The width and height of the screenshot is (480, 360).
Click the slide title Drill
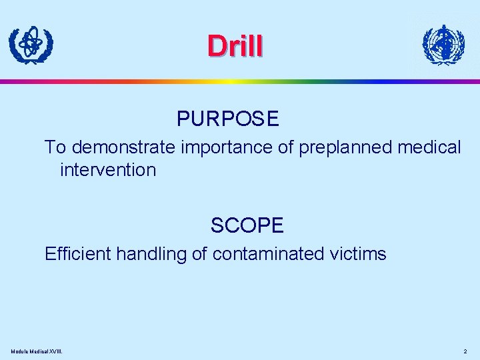[x=235, y=45]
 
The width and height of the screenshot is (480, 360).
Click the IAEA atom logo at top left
[x=31, y=45]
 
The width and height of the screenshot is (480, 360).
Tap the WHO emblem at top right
[x=443, y=45]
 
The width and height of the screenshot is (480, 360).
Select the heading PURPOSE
[x=228, y=119]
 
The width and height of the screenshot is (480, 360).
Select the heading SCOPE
[x=247, y=226]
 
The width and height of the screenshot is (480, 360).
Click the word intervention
[x=107, y=170]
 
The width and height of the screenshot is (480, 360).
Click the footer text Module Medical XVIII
[x=41, y=351]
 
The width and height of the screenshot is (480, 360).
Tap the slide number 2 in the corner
[x=465, y=351]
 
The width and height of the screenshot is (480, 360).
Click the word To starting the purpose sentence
[x=55, y=147]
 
